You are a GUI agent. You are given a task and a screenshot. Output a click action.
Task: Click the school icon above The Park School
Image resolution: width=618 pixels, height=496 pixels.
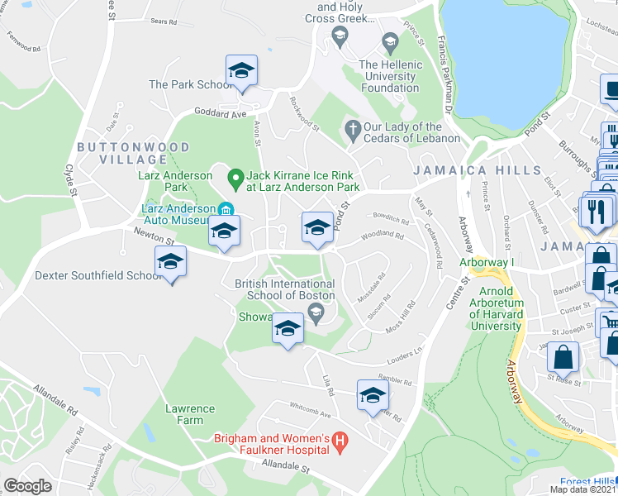pyautogui.click(x=241, y=70)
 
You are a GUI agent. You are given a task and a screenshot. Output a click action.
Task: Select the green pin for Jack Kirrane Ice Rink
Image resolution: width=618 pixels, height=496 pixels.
pyautogui.click(x=235, y=176)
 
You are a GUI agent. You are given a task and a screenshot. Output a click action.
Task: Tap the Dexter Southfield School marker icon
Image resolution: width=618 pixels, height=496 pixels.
pyautogui.click(x=171, y=263)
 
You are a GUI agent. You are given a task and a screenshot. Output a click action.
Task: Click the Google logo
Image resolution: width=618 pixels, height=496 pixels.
pyautogui.click(x=27, y=486)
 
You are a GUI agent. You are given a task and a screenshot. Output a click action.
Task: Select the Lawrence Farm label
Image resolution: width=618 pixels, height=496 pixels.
pyautogui.click(x=189, y=414)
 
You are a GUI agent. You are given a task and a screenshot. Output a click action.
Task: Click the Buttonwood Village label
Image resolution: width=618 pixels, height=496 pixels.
pyautogui.click(x=133, y=153)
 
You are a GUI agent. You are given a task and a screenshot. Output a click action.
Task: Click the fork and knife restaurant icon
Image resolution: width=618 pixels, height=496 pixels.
pyautogui.click(x=595, y=211)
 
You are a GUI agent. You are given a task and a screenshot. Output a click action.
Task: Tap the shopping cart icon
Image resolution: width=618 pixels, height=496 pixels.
pyautogui.click(x=610, y=323)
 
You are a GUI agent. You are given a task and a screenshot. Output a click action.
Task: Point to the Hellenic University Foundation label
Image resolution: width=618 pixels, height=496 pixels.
pyautogui.click(x=391, y=76)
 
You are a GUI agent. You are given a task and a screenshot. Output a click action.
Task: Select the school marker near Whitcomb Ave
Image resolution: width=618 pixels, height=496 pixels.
pyautogui.click(x=373, y=396)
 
